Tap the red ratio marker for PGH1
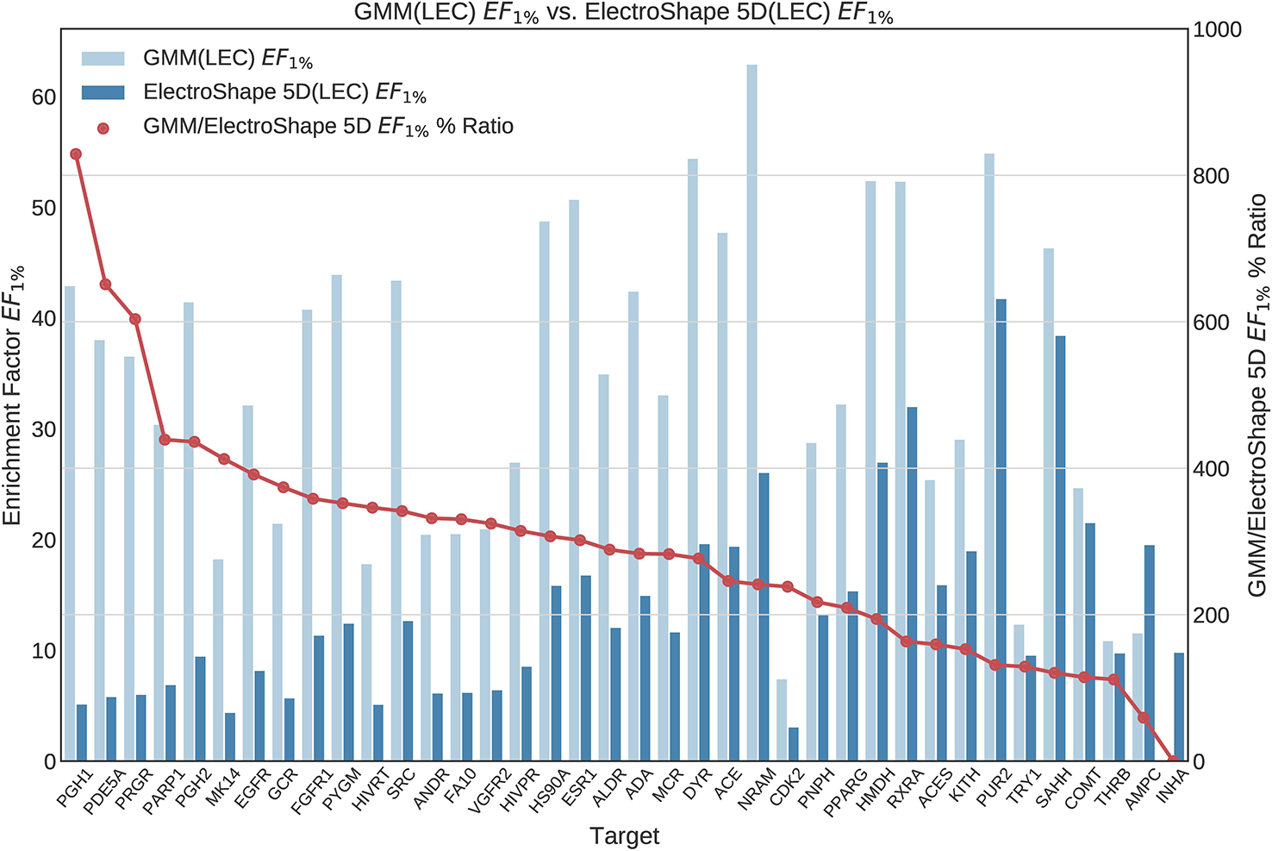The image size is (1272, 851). pyautogui.click(x=76, y=154)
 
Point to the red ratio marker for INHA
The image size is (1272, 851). pyautogui.click(x=1173, y=760)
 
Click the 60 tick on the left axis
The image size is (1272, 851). pyautogui.click(x=43, y=97)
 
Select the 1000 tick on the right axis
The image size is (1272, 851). pyautogui.click(x=1216, y=30)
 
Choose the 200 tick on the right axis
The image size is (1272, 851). pyautogui.click(x=1211, y=616)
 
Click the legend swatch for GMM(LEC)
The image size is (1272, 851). pyautogui.click(x=103, y=59)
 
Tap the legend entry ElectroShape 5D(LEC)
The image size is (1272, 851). pyautogui.click(x=284, y=93)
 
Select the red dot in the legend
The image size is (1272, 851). pyautogui.click(x=103, y=128)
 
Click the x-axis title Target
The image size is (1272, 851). pyautogui.click(x=624, y=835)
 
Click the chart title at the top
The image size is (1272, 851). pyautogui.click(x=624, y=13)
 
